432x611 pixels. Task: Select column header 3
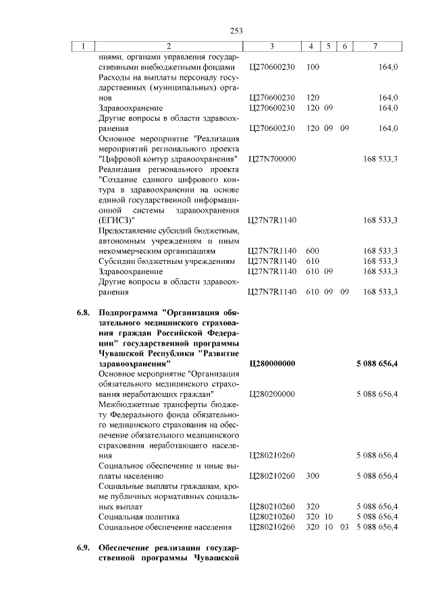pyautogui.click(x=271, y=47)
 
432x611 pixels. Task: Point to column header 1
pyautogui.click(x=84, y=47)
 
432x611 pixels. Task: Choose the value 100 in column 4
pyautogui.click(x=313, y=68)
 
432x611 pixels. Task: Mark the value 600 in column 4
pyautogui.click(x=313, y=251)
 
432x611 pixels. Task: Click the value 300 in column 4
pyautogui.click(x=313, y=476)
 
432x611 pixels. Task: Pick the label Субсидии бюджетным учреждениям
pyautogui.click(x=167, y=261)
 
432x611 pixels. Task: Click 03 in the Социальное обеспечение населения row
pyautogui.click(x=344, y=527)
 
